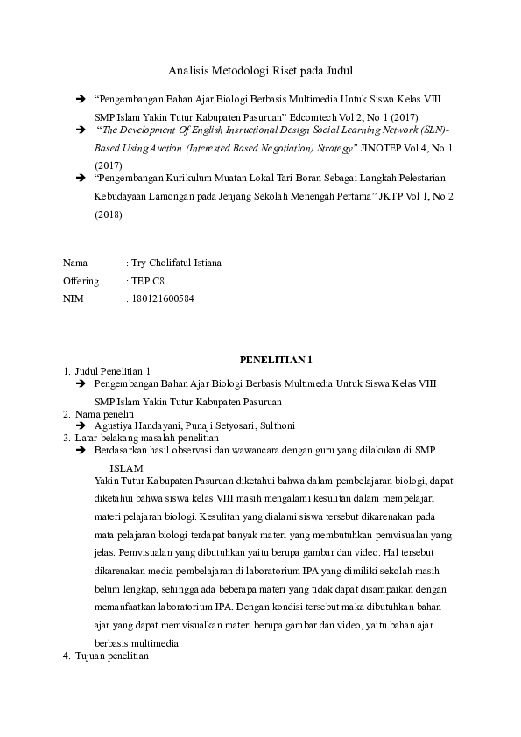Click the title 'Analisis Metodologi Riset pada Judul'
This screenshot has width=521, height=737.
click(260, 70)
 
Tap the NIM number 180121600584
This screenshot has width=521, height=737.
click(162, 298)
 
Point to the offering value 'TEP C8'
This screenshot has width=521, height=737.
click(146, 280)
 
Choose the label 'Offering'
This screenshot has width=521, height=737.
click(81, 280)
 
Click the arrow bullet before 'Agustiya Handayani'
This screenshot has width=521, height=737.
click(80, 425)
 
